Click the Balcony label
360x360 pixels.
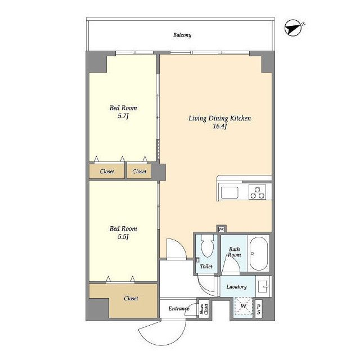pos(182,35)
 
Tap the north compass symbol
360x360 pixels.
pos(293,28)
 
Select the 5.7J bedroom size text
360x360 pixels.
pos(123,116)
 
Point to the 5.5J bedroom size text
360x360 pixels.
pos(123,236)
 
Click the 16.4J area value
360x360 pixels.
pos(220,126)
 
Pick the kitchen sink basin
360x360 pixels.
pos(229,192)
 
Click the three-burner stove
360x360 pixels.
pos(258,192)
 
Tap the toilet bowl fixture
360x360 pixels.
pos(207,245)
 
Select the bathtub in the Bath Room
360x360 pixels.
pos(259,254)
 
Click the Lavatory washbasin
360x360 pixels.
pos(263,286)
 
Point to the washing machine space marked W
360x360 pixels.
pos(244,306)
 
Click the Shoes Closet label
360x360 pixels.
pos(204,309)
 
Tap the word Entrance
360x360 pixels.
pos(179,309)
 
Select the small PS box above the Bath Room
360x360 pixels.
pos(221,229)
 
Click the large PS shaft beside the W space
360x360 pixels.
pos(259,309)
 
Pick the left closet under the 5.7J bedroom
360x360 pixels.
pos(107,171)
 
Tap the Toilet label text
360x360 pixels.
pos(206,267)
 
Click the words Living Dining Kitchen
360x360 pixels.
pos(220,119)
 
